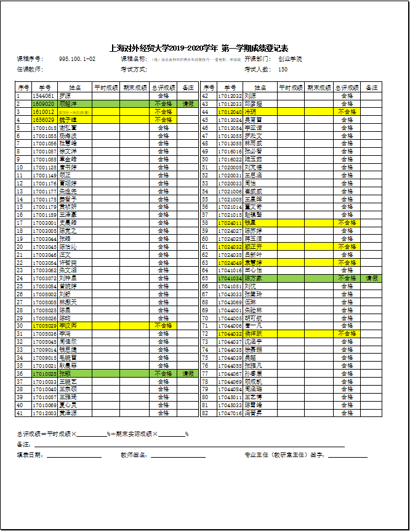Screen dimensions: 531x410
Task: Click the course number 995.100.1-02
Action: click(77, 59)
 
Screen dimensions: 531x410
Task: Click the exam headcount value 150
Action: click(283, 70)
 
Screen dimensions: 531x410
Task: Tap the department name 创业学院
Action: click(290, 59)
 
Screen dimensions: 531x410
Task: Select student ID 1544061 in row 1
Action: click(42, 96)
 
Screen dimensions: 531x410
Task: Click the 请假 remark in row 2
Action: click(188, 104)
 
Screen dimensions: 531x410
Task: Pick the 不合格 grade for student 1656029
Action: click(163, 120)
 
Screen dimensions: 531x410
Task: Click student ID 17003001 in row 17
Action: click(44, 222)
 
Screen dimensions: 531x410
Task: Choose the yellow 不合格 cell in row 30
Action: click(163, 325)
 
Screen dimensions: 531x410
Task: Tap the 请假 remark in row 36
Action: click(188, 373)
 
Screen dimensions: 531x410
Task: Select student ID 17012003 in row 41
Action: click(44, 413)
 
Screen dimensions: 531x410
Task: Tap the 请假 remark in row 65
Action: click(372, 278)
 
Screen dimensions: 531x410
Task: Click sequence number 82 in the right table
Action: click(205, 413)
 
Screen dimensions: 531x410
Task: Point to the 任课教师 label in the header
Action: click(30, 70)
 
